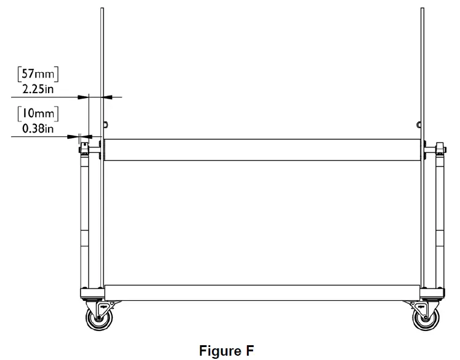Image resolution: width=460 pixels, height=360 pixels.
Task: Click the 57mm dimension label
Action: (38, 75)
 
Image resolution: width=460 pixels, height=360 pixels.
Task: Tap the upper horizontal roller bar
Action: (263, 150)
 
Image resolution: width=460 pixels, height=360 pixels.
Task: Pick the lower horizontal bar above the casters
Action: (263, 293)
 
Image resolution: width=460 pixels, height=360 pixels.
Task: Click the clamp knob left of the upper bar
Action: (83, 149)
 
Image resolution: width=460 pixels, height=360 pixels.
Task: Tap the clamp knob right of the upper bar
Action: (440, 149)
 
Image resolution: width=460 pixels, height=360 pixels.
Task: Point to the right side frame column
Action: (440, 222)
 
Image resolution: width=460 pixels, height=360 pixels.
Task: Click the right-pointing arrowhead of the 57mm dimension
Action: (84, 97)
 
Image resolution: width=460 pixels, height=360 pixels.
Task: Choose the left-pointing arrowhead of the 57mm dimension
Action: (108, 97)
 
